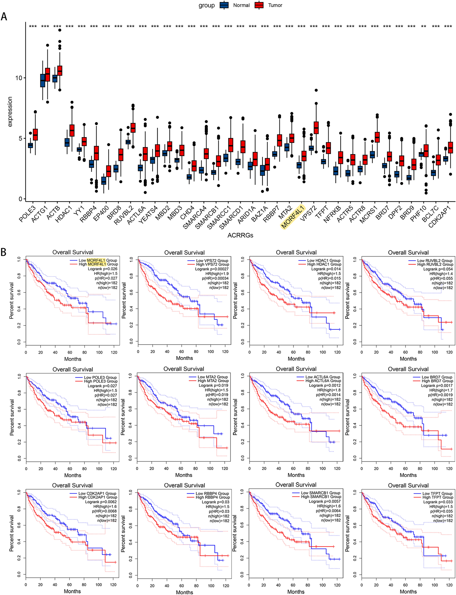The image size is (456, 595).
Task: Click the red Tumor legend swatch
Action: tap(259, 5)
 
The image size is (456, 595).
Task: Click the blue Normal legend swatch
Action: tap(224, 5)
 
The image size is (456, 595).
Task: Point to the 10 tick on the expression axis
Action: tap(18, 78)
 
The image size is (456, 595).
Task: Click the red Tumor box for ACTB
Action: tap(60, 70)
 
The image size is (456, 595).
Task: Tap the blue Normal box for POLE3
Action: tap(30, 145)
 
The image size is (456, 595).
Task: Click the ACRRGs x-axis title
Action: tap(240, 235)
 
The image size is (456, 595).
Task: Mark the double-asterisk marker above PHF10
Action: tap(423, 27)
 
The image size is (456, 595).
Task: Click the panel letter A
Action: tap(4, 17)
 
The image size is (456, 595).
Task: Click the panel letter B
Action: tap(3, 252)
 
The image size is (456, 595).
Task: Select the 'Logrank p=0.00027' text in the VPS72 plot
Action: tap(212, 269)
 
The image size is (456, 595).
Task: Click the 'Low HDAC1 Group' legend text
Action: tap(324, 261)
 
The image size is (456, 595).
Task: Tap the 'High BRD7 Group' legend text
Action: tap(437, 381)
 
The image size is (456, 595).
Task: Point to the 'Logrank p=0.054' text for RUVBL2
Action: tap(438, 269)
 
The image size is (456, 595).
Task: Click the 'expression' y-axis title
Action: tap(10, 112)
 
